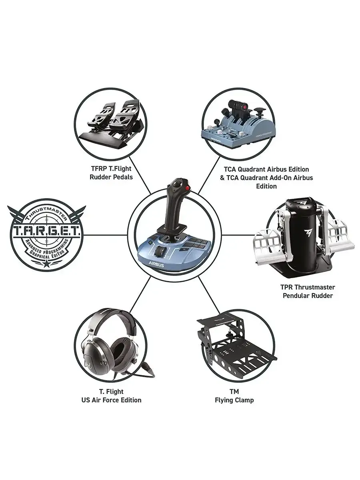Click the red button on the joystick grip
tap(187, 188)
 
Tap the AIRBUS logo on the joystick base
tap(156, 265)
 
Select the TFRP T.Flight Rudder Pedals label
tap(111, 173)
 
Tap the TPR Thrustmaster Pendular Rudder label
tap(308, 291)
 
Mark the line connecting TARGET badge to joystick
tap(106, 235)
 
